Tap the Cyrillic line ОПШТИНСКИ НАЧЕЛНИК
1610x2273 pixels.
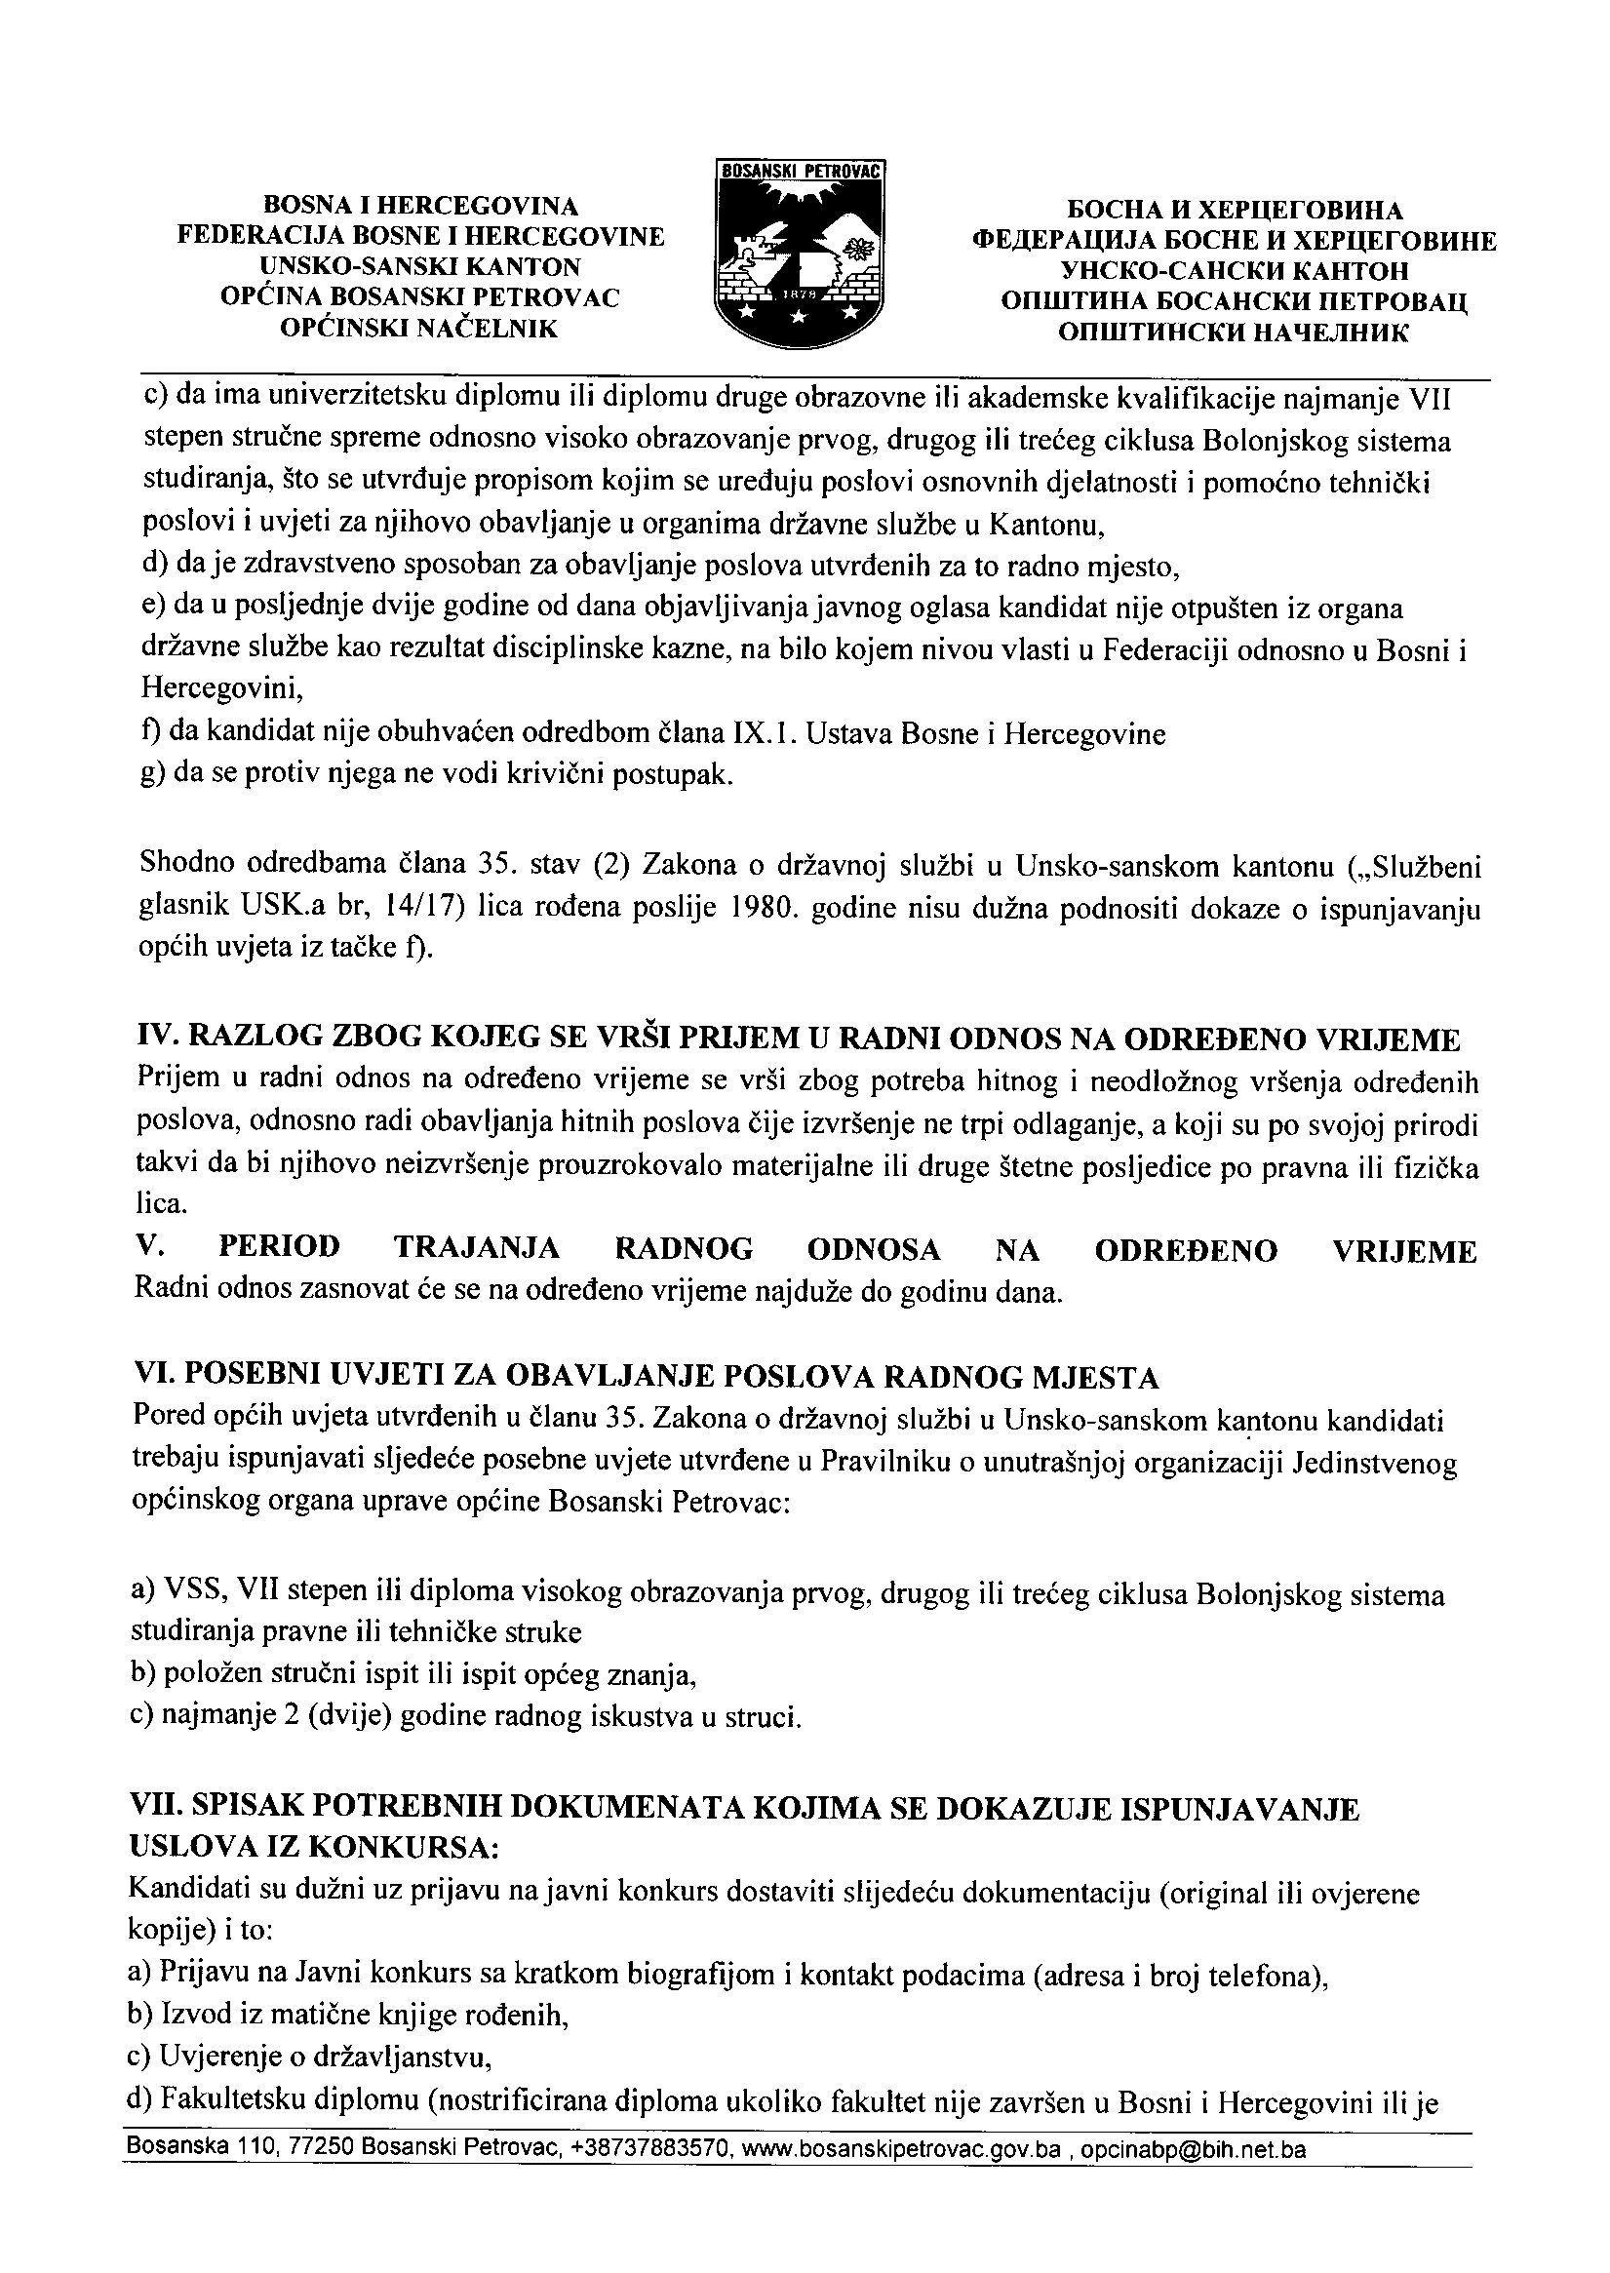tap(1234, 333)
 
